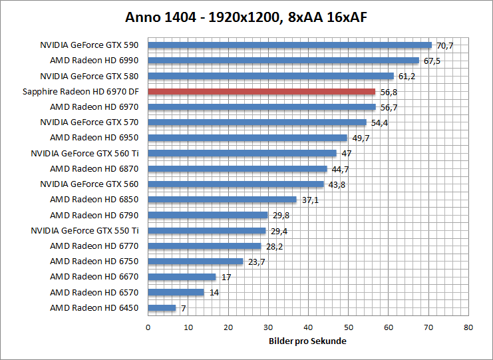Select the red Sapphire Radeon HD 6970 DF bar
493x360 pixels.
point(261,92)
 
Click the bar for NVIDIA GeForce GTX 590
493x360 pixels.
point(289,45)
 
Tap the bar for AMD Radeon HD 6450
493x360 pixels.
point(162,308)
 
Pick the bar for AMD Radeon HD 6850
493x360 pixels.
point(222,200)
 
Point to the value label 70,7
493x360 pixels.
point(444,46)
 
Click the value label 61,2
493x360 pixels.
point(407,77)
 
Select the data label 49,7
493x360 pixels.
point(360,138)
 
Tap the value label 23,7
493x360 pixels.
point(256,262)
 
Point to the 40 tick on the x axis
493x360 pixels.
point(309,327)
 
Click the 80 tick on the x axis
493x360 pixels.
point(469,327)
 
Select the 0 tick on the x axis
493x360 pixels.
point(148,327)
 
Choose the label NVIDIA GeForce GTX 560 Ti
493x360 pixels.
point(84,153)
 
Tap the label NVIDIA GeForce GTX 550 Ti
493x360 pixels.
point(84,230)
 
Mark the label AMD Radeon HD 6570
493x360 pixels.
point(94,292)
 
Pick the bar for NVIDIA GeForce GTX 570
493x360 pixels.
point(257,122)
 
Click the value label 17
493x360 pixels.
point(226,277)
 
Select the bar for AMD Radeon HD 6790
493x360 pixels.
point(208,215)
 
